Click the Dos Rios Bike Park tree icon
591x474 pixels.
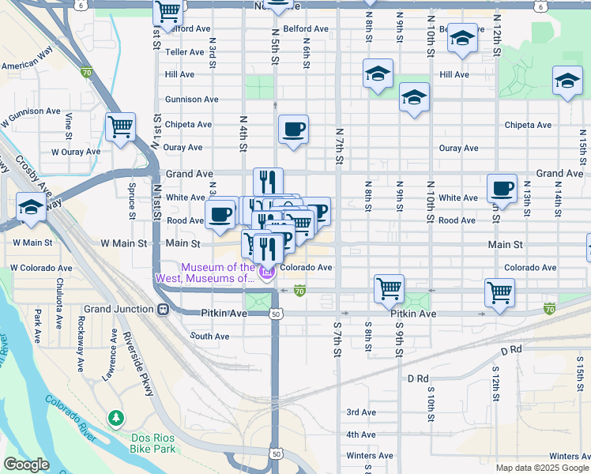pyautogui.click(x=116, y=416)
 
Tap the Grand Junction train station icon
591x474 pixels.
pyautogui.click(x=164, y=309)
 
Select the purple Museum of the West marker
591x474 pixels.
pyautogui.click(x=267, y=273)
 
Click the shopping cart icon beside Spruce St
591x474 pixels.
pyautogui.click(x=120, y=126)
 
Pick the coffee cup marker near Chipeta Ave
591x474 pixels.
pyautogui.click(x=293, y=129)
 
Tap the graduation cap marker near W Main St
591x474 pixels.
pyautogui.click(x=31, y=208)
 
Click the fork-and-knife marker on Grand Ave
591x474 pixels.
pyautogui.click(x=268, y=181)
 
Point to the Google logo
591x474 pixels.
pyautogui.click(x=27, y=465)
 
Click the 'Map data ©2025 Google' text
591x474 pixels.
pyautogui.click(x=541, y=468)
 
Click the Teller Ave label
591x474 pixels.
pyautogui.click(x=185, y=52)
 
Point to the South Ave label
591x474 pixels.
pyautogui.click(x=209, y=337)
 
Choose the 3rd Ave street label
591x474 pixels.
pyautogui.click(x=361, y=412)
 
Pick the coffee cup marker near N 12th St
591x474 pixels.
pyautogui.click(x=502, y=189)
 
